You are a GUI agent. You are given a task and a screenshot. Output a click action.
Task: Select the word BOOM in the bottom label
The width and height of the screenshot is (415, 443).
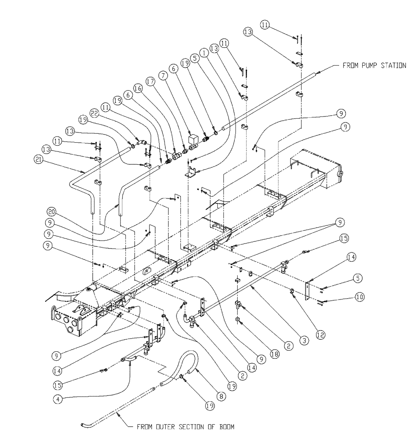click(x=224, y=427)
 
